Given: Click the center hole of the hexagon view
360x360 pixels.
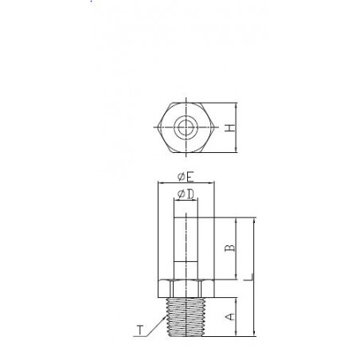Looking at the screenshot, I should tap(185, 127).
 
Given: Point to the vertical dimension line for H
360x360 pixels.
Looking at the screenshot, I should tap(238, 127).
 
